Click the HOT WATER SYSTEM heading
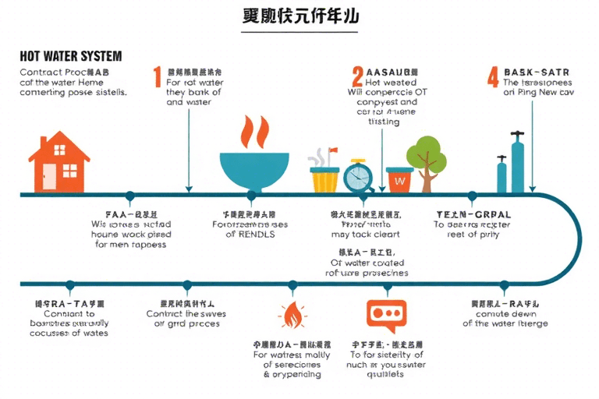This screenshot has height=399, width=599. click(70, 57)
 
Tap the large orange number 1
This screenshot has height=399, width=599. click(157, 76)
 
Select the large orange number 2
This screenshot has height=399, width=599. click(357, 76)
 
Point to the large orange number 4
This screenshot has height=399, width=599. click(492, 76)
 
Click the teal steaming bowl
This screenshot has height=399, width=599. click(251, 171)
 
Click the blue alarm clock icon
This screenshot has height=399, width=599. click(358, 176)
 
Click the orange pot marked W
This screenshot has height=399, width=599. click(399, 179)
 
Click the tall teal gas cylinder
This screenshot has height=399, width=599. click(517, 164)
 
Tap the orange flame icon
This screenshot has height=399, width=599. click(292, 316)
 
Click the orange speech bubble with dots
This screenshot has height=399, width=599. click(386, 314)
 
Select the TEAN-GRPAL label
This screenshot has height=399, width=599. click(472, 213)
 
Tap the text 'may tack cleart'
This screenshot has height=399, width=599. click(365, 234)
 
